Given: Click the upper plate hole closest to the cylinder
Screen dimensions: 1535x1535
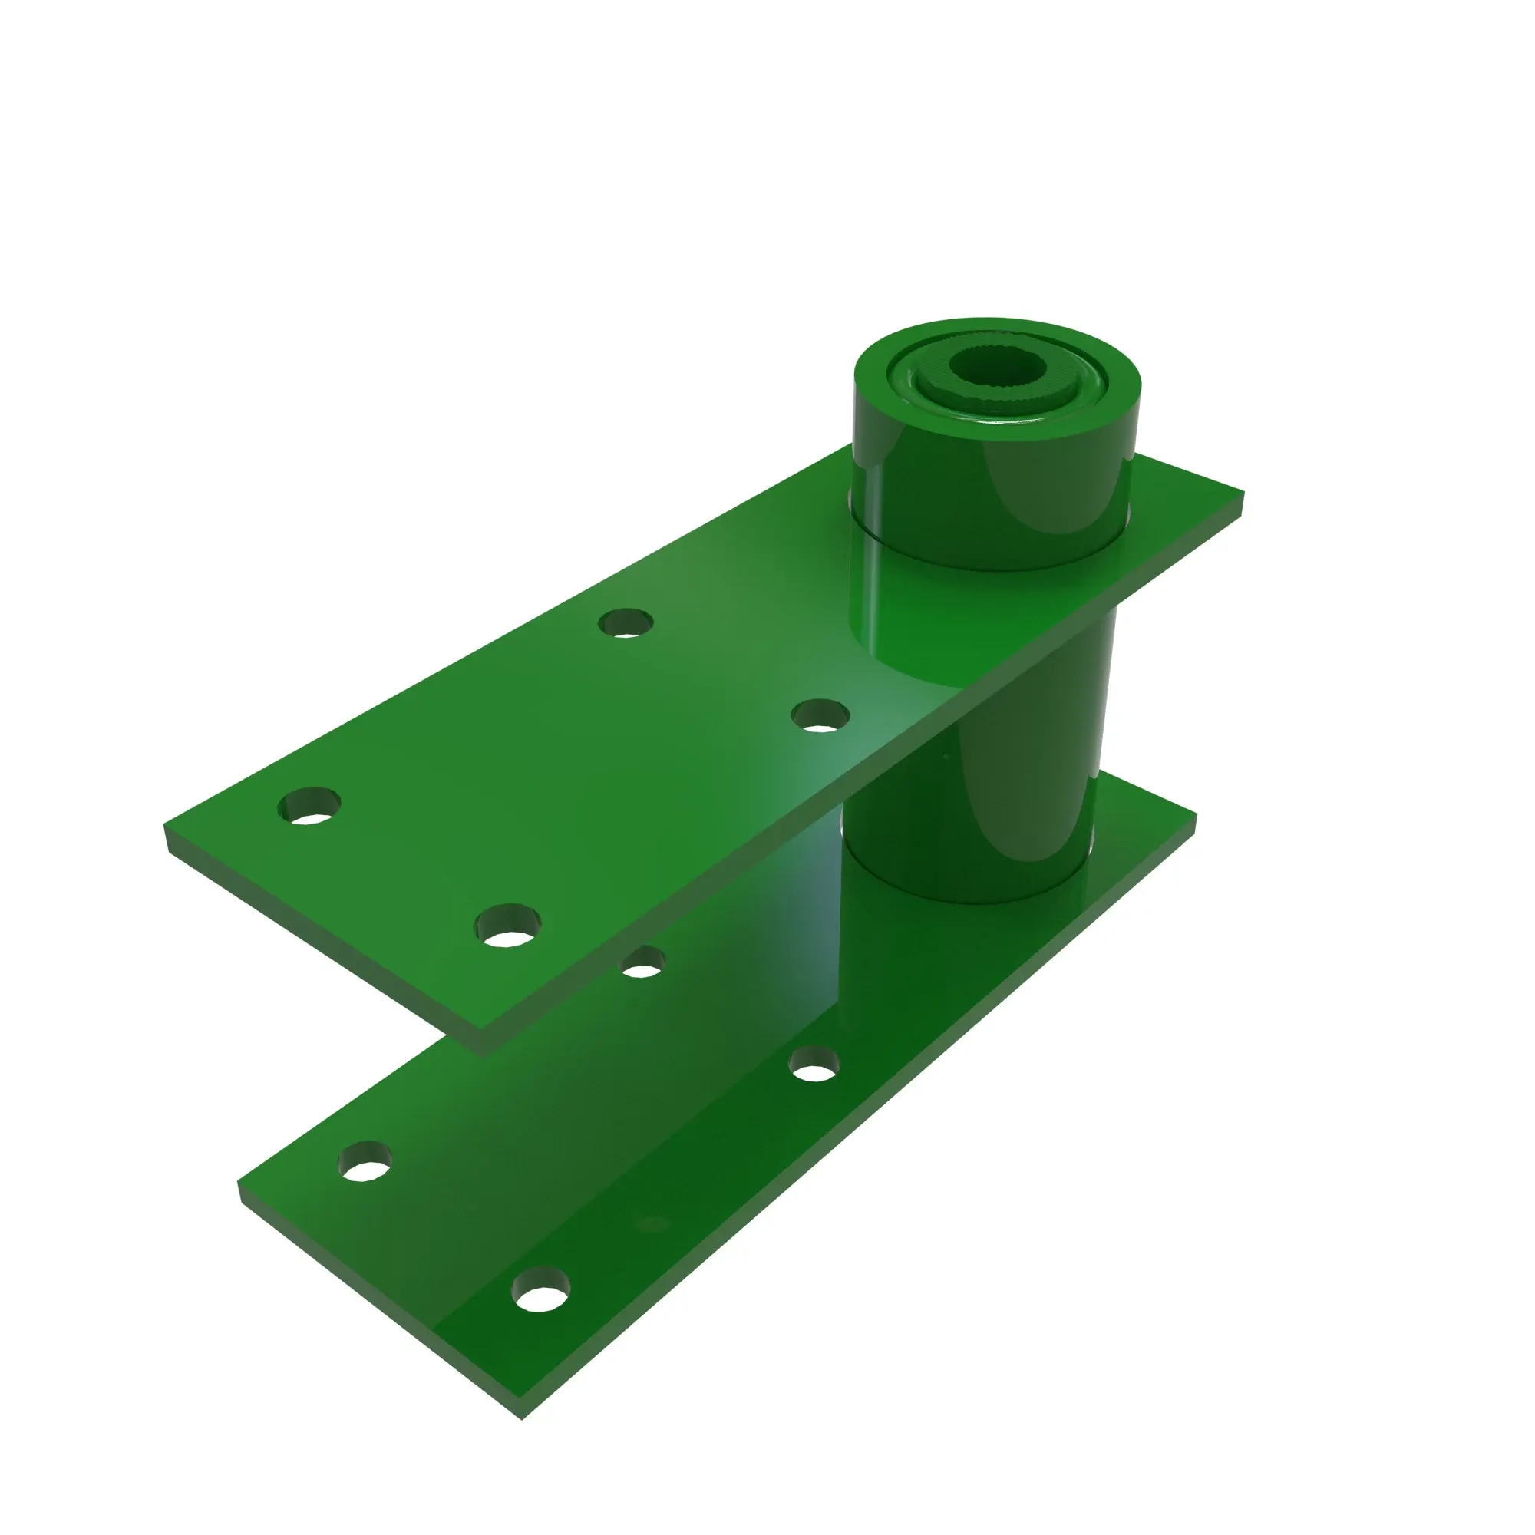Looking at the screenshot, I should (x=820, y=716).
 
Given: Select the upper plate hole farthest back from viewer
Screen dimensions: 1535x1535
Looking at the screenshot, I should (x=626, y=623).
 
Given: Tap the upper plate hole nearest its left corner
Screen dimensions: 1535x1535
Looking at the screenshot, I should (x=310, y=806).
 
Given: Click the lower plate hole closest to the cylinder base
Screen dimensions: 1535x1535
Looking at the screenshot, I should (x=814, y=1065).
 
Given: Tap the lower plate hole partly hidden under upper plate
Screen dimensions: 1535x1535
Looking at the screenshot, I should (x=642, y=963).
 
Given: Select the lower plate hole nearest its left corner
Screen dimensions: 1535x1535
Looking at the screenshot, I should (x=365, y=1160).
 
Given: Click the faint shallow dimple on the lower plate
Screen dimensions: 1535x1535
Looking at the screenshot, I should (x=654, y=1224).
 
